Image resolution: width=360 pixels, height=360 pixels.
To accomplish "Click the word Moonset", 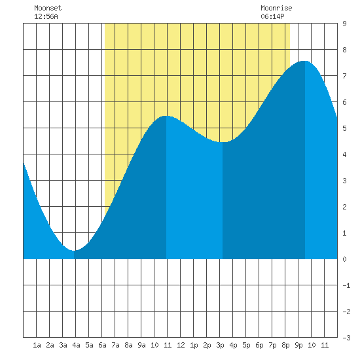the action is (x=48, y=8).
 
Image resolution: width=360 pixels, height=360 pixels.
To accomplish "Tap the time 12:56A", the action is (x=46, y=16).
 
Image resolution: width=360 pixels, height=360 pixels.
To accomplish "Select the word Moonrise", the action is (x=276, y=8).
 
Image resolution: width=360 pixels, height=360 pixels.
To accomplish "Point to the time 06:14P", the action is (x=272, y=16).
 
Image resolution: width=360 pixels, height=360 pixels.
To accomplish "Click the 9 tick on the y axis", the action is (x=344, y=24).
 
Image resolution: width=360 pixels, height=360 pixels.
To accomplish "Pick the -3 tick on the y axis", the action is (x=346, y=338).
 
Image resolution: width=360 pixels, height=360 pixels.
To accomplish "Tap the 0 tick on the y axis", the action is (x=344, y=259).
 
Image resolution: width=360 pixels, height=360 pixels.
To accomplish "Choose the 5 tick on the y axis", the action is (x=344, y=128).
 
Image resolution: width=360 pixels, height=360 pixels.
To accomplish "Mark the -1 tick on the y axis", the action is (x=346, y=285).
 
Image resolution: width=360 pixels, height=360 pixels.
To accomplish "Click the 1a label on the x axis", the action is (x=37, y=345).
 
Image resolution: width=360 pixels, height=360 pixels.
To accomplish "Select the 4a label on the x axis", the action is (x=76, y=345).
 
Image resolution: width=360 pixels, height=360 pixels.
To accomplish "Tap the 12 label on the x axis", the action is (x=181, y=345).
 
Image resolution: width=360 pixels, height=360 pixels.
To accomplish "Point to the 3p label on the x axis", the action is (x=220, y=345).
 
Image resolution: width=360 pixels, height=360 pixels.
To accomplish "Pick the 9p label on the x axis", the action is (x=298, y=345).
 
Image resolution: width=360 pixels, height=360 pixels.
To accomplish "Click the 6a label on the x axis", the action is (x=102, y=345).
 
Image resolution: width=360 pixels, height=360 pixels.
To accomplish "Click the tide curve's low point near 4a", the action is (x=74, y=251).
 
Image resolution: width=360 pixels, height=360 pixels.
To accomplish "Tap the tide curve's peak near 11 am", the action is (x=166, y=116).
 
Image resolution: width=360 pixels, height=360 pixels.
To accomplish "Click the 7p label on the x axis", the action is (x=272, y=345).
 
